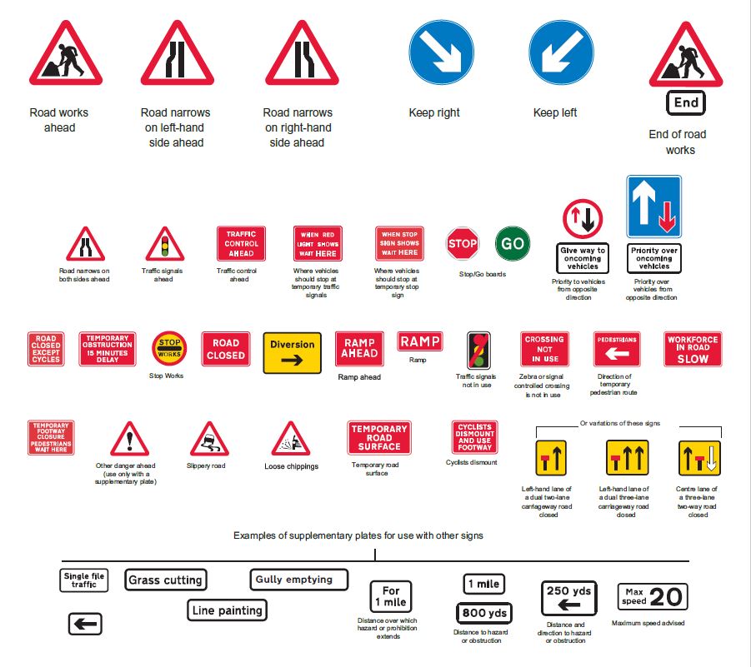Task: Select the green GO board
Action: coord(513,244)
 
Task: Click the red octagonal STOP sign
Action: coord(463,244)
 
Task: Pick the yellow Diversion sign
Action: coord(293,352)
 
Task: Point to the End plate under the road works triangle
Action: coord(686,103)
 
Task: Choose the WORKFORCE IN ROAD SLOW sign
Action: coord(693,350)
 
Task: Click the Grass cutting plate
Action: coord(165,580)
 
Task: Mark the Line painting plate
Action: coord(227,610)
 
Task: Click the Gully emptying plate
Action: coord(298,579)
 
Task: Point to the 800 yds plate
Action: coord(484,614)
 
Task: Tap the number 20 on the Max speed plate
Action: coord(667,597)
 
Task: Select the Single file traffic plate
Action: coord(84,580)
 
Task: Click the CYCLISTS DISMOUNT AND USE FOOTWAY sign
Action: coord(474,438)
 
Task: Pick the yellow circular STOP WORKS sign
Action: coord(170,348)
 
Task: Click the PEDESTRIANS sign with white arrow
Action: coord(616,349)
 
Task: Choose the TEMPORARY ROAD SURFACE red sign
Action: coord(379,438)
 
